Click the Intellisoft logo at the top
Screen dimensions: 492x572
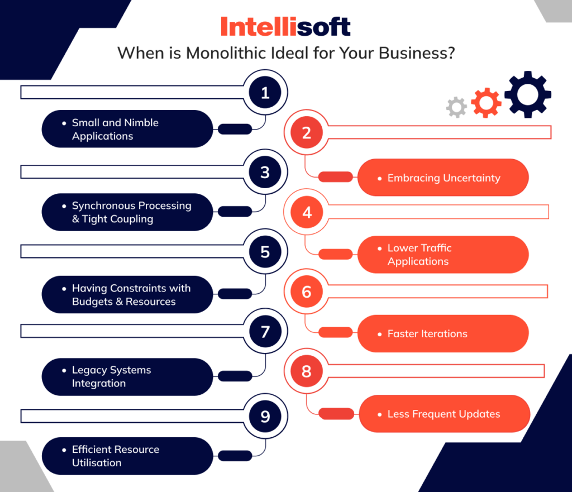285,27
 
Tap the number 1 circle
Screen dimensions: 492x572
265,93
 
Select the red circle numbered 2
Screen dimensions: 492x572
306,133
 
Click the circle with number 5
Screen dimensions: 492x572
265,252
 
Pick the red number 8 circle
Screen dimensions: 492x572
306,371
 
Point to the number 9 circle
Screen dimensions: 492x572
265,417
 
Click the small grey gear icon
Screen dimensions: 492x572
456,107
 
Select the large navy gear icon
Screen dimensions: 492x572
527,94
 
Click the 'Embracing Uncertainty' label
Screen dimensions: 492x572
443,178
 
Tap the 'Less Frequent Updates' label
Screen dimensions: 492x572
444,414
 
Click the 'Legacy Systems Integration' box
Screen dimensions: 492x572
127,377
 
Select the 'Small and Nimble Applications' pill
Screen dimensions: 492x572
127,129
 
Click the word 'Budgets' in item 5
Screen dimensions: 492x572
92,302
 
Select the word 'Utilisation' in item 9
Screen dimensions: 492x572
97,462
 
